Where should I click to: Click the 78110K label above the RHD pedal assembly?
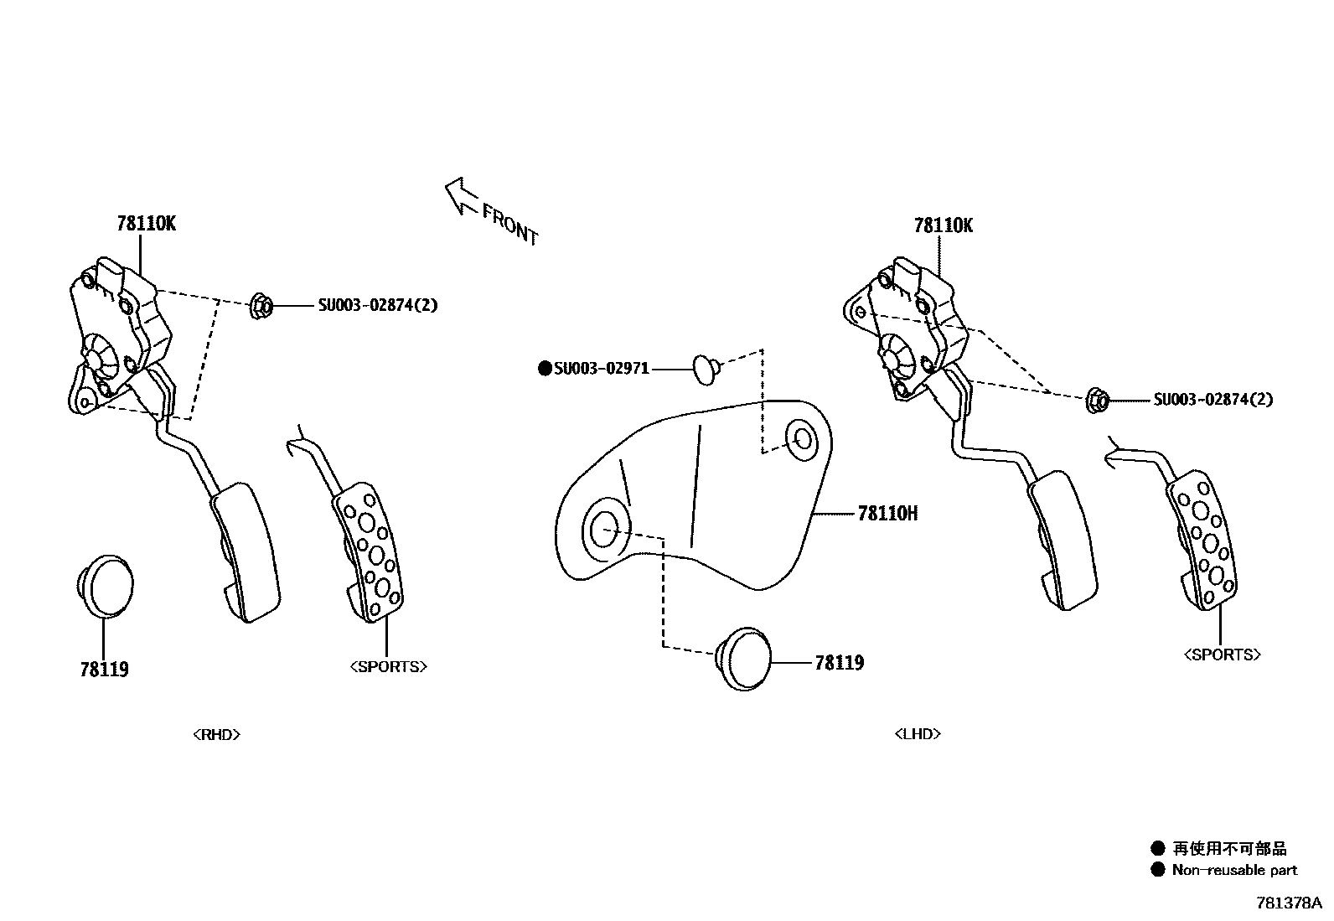[x=146, y=224]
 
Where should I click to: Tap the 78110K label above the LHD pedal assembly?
[x=944, y=225]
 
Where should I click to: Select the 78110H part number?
[x=887, y=513]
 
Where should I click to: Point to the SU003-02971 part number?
[x=602, y=368]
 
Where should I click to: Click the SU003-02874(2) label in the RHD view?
[x=377, y=306]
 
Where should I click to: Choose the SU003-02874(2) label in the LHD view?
[x=1212, y=400]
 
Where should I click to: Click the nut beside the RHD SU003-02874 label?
[x=261, y=306]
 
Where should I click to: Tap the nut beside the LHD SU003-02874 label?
[x=1096, y=401]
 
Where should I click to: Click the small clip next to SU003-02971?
[x=705, y=367]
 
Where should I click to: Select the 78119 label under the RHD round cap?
[x=105, y=670]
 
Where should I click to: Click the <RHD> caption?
[x=217, y=735]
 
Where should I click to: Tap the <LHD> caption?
[x=918, y=734]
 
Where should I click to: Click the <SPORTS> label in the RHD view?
[x=389, y=667]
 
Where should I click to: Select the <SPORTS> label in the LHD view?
[x=1222, y=655]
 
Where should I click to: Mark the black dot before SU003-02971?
[x=545, y=368]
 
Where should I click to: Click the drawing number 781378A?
[x=1288, y=903]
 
